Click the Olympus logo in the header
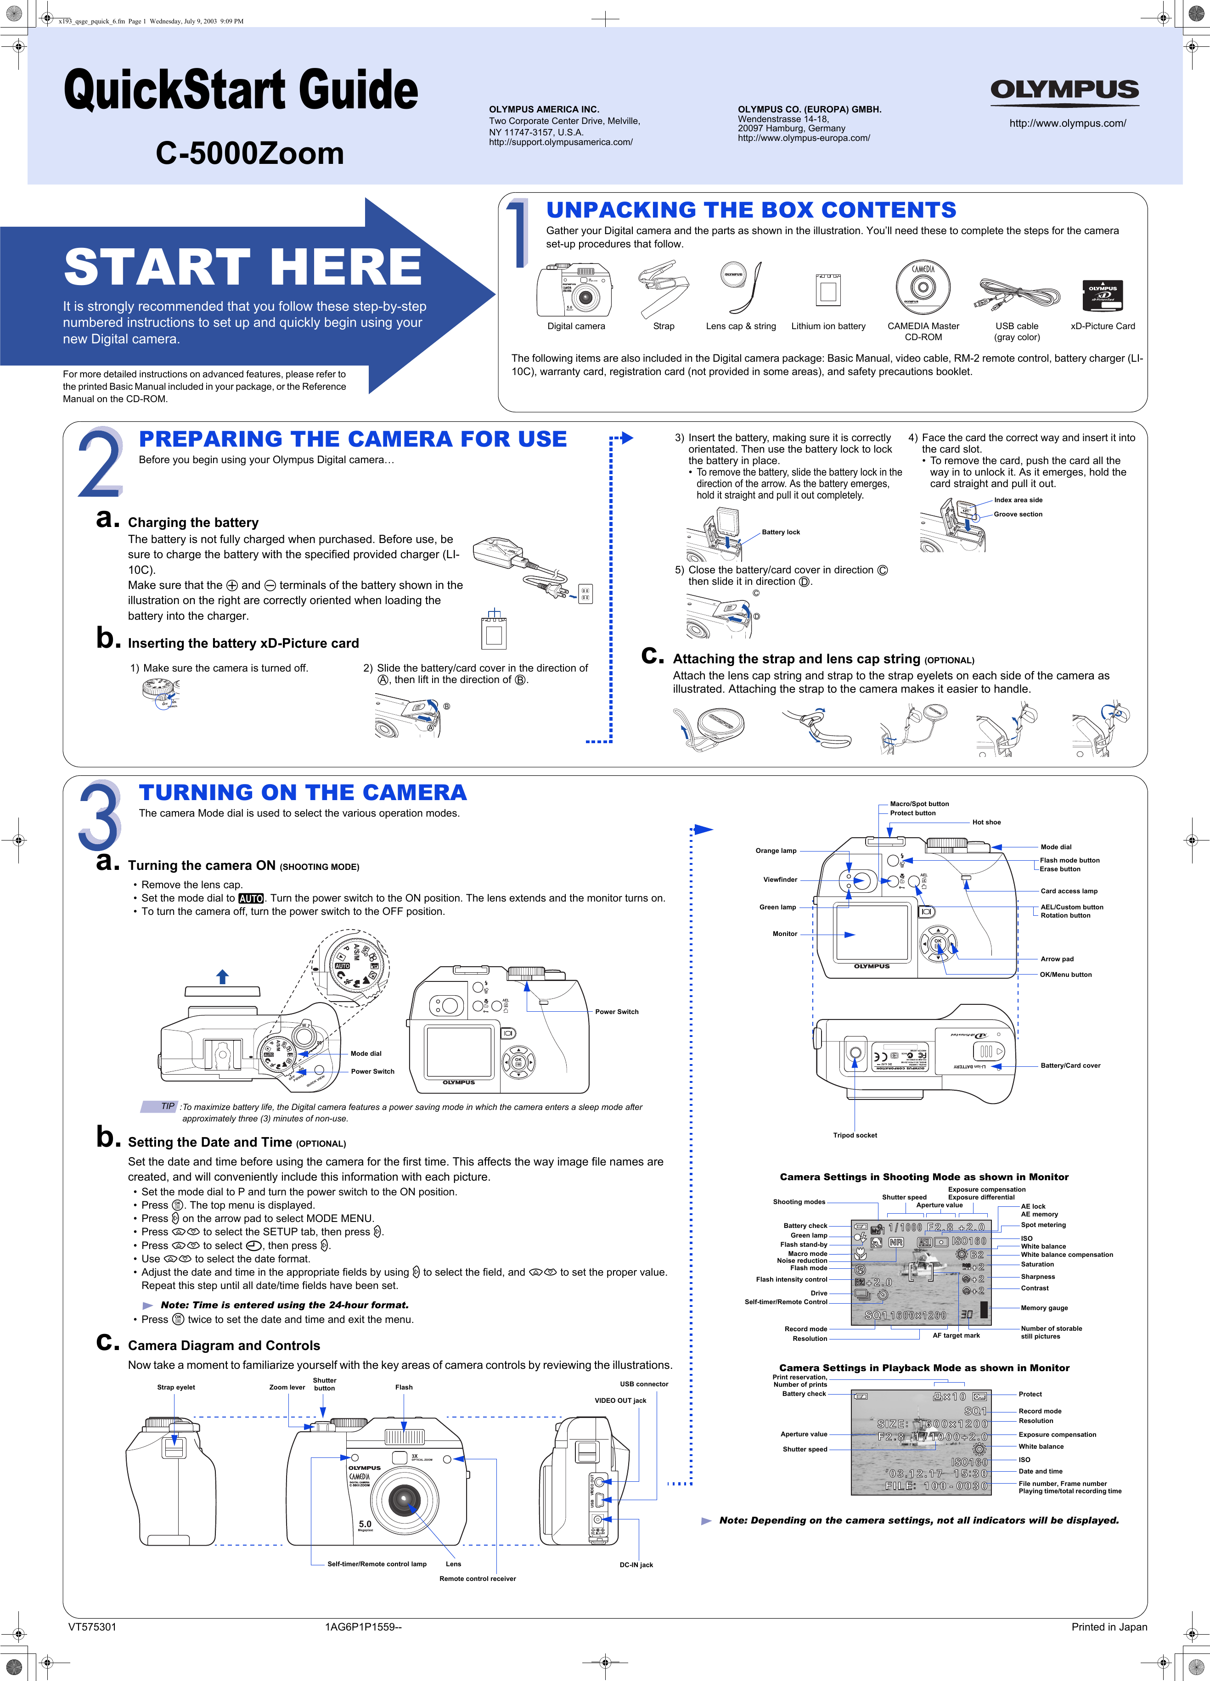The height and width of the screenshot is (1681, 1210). click(x=1065, y=90)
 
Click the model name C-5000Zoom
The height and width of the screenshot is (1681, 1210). click(x=250, y=153)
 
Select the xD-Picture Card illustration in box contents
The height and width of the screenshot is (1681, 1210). click(x=1103, y=296)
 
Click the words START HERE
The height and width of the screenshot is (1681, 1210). click(x=243, y=268)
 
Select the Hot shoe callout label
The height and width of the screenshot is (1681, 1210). click(x=986, y=822)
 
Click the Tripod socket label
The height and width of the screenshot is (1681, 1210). click(x=855, y=1135)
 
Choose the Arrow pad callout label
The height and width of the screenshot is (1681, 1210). click(x=1057, y=959)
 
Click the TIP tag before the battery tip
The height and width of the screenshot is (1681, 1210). click(x=168, y=1107)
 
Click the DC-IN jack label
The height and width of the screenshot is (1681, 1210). click(x=636, y=1565)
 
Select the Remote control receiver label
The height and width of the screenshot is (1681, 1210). click(x=478, y=1578)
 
